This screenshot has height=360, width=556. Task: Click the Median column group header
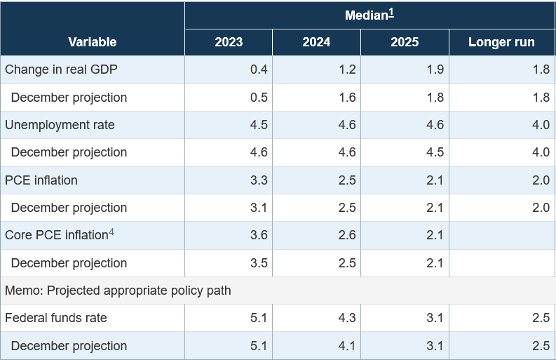366,15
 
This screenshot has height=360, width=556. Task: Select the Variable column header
92,42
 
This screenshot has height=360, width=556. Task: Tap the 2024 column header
316,42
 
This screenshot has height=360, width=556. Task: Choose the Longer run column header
501,42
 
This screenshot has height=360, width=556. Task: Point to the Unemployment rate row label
60,125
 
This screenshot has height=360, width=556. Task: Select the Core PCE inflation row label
55,235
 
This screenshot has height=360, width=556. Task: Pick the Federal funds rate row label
56,318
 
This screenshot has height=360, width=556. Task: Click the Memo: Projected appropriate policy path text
118,291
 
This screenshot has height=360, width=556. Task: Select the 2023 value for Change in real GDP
259,69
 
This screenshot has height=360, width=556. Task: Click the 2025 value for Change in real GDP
435,69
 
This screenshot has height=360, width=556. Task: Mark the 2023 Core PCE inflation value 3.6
259,235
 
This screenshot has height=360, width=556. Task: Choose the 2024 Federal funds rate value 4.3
347,318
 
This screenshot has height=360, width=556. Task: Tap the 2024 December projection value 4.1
347,346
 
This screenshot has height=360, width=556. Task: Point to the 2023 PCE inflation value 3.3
259,180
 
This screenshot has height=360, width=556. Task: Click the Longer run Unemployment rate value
541,125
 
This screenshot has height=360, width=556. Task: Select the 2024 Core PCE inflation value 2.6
347,235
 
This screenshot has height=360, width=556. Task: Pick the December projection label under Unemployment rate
69,152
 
